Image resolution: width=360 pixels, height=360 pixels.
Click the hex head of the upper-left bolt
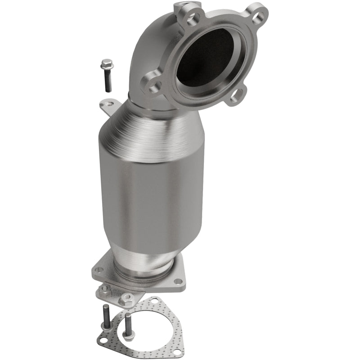click(107, 64)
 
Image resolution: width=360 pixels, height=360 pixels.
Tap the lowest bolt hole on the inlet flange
click(234, 94)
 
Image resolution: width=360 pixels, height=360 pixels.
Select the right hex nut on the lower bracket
click(127, 297)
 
